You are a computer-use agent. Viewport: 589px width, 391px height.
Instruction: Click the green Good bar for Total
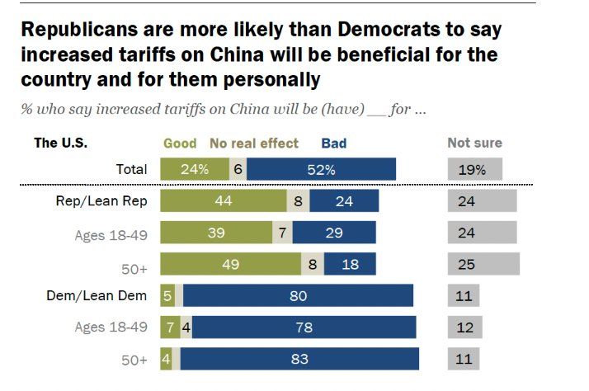click(194, 170)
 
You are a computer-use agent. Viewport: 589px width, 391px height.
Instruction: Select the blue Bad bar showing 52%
click(321, 170)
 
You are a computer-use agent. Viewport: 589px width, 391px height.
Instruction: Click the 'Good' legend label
click(180, 143)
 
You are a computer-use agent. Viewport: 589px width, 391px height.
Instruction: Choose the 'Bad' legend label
click(334, 143)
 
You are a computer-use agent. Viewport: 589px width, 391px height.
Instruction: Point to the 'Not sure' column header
click(474, 143)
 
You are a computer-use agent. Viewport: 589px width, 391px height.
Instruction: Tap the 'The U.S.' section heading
click(60, 142)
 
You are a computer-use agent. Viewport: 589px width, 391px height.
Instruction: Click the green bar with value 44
click(222, 201)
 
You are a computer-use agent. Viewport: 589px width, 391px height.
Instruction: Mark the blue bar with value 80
click(298, 295)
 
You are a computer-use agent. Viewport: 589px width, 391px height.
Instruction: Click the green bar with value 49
click(230, 264)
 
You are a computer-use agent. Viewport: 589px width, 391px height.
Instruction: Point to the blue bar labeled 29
click(334, 233)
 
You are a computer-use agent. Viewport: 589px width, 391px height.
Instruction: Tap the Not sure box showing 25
click(483, 264)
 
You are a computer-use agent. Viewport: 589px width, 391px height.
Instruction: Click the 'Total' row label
click(130, 170)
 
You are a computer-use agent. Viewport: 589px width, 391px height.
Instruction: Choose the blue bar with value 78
click(304, 327)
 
